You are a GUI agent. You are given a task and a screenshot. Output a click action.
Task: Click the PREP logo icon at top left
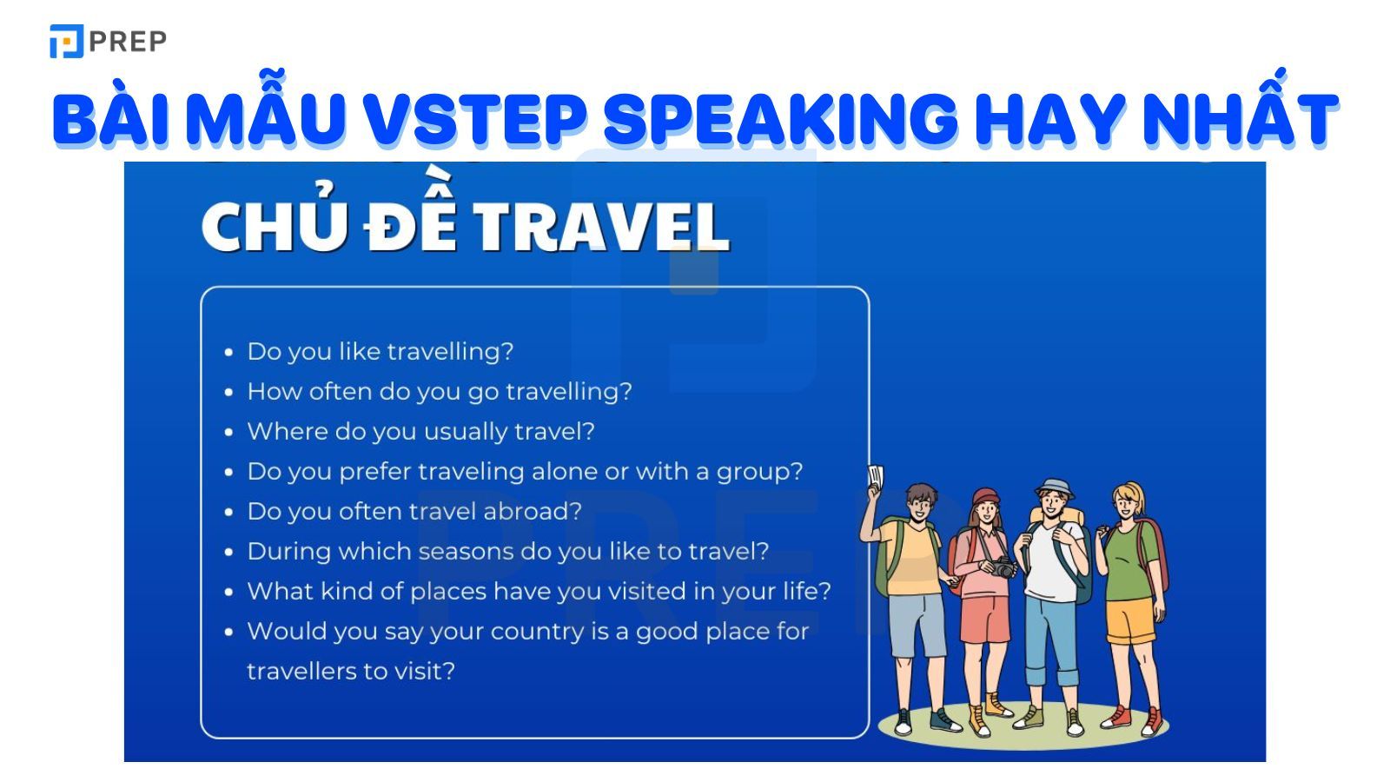click(x=66, y=41)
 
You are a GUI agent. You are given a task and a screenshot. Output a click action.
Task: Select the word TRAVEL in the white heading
click(x=600, y=227)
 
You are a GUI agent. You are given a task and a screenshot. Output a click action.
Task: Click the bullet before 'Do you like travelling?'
click(x=228, y=353)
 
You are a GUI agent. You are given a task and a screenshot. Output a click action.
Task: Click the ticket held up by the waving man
click(x=876, y=476)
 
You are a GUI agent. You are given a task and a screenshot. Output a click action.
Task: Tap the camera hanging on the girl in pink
click(x=1003, y=567)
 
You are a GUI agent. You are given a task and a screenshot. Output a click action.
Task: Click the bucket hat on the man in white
click(x=1055, y=487)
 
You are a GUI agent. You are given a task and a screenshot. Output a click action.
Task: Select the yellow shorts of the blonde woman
click(x=1129, y=620)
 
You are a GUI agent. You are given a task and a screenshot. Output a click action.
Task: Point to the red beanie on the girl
click(x=986, y=497)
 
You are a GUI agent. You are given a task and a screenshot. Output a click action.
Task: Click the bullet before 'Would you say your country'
click(x=228, y=632)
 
